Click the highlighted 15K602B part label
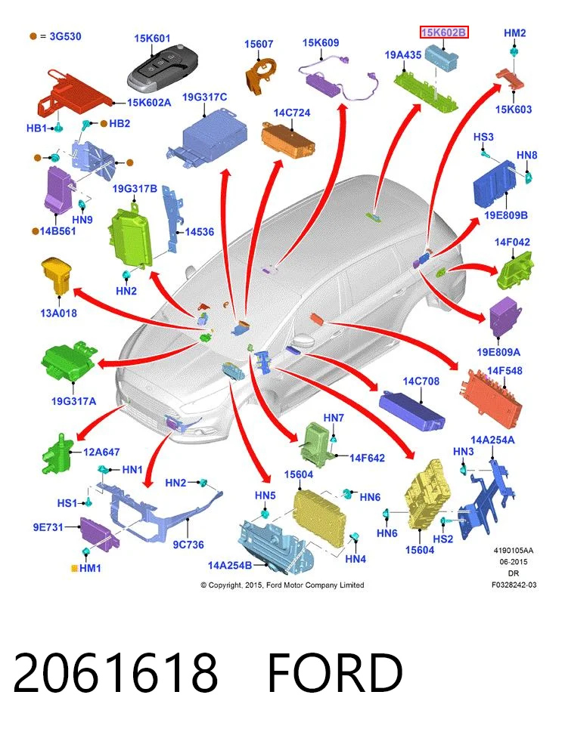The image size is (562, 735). tap(444, 32)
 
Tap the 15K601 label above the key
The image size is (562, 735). tap(152, 39)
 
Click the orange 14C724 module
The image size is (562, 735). tap(288, 140)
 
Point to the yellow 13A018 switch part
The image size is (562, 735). tap(56, 276)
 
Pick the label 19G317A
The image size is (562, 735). tap(73, 401)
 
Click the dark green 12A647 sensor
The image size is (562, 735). tap(57, 454)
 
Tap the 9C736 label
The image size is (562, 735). tap(188, 545)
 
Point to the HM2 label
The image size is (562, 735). tap(514, 32)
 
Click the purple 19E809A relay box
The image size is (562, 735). tap(505, 316)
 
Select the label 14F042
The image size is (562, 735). tap(512, 242)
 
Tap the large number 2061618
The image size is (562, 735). tap(116, 672)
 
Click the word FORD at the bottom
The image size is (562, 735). tap(335, 672)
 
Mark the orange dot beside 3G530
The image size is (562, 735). tap(33, 36)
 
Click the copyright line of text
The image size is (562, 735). tap(282, 585)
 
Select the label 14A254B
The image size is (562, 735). tap(230, 565)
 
